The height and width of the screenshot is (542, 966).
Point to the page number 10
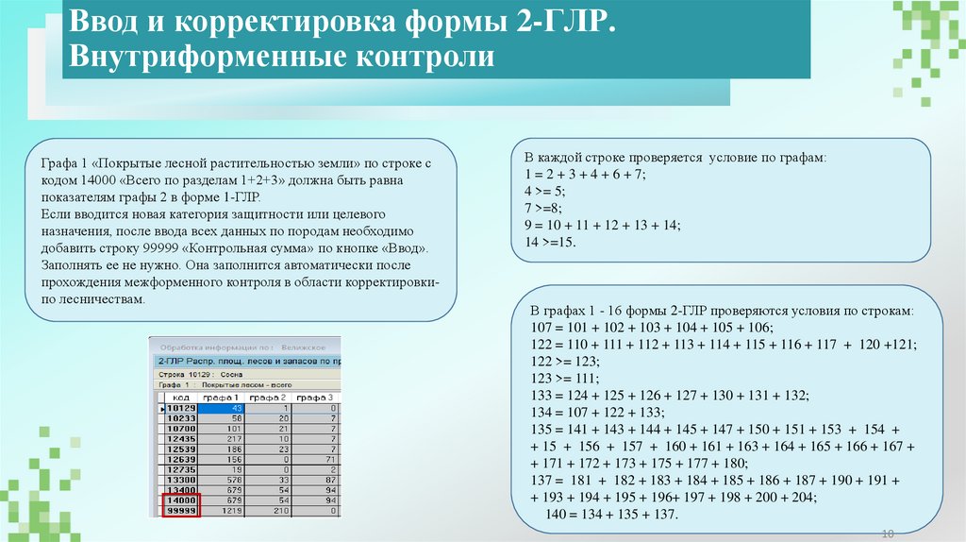(887, 534)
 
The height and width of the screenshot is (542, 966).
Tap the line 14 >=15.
(550, 243)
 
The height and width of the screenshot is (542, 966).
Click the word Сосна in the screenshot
(231, 373)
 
